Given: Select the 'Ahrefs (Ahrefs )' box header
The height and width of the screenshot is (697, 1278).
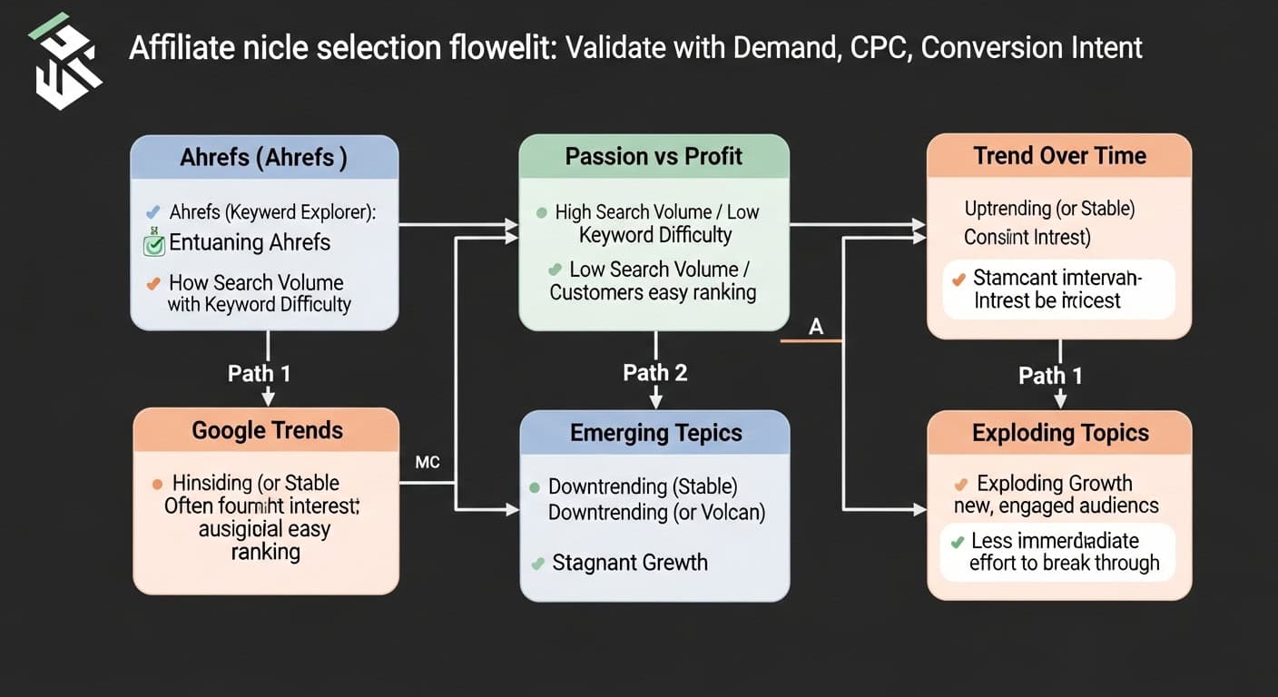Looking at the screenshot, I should [264, 157].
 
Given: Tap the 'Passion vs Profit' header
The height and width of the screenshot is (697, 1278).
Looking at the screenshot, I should [654, 156].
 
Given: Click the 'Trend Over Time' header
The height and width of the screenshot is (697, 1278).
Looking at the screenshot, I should [1059, 155].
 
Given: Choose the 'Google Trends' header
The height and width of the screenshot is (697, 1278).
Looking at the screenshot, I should [267, 430].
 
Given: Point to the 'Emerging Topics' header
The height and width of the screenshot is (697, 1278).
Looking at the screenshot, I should [655, 433].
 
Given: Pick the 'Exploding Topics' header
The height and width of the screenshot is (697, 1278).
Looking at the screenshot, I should [1059, 433].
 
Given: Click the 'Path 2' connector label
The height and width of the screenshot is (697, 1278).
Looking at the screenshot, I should [654, 373].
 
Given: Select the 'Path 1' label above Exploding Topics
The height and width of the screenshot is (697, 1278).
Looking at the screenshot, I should [1050, 376].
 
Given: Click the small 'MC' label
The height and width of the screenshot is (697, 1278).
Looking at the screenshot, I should [427, 463].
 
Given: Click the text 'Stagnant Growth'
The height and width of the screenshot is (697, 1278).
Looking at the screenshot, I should [629, 563].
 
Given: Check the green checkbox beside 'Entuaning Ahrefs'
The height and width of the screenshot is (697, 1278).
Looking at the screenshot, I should [154, 243].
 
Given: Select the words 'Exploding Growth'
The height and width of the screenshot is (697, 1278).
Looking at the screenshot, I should [1055, 483].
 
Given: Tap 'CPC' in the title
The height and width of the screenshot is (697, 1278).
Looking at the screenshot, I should [880, 47].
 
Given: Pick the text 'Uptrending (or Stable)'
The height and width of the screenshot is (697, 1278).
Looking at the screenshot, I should [1049, 209].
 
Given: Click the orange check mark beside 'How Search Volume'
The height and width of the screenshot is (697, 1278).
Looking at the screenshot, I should [153, 283].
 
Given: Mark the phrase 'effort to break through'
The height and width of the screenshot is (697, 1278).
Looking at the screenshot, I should [1064, 563].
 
